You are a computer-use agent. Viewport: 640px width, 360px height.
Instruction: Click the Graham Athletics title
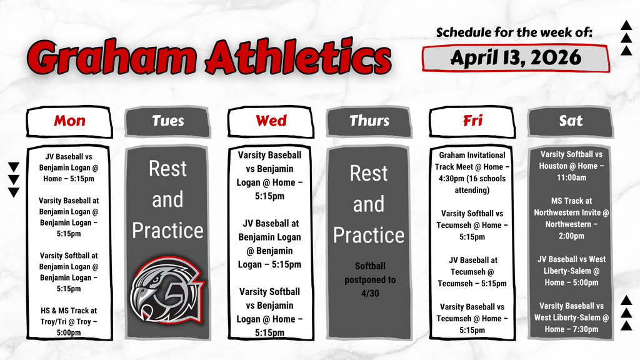point(209,59)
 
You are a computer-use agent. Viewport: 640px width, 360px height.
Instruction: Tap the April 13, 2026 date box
point(516,58)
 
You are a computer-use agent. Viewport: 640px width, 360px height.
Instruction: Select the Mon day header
point(69,121)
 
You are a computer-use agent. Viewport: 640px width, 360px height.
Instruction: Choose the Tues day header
point(168,121)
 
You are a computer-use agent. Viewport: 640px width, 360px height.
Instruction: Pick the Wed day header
point(271,121)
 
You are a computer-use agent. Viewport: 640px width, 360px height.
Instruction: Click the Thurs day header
point(369,121)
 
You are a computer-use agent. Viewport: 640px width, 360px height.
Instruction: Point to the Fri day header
point(472,121)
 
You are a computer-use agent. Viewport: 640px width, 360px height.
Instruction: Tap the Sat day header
point(570,121)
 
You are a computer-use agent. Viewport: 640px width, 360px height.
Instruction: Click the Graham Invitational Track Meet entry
point(472,172)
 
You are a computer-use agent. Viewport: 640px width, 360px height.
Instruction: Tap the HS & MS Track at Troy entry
point(69,321)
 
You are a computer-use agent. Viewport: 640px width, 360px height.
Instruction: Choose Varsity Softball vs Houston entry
point(571,166)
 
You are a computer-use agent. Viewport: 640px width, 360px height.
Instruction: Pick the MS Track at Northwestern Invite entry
point(571,218)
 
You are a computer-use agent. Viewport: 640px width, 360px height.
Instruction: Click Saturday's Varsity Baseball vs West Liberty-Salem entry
point(571,317)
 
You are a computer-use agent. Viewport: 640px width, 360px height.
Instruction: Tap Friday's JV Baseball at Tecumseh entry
point(472,271)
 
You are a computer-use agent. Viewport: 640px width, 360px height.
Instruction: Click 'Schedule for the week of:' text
point(514,32)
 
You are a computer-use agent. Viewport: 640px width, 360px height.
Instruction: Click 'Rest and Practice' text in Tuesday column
point(167,199)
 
